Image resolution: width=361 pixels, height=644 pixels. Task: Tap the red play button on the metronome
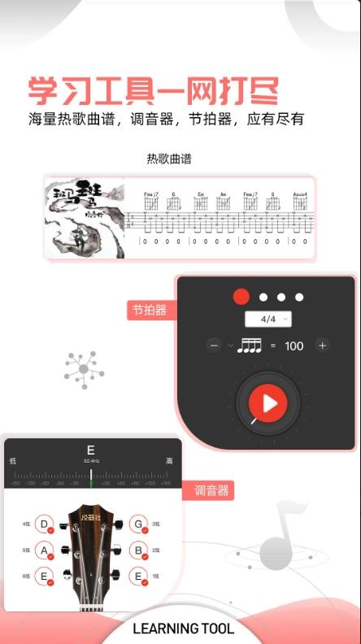click(x=268, y=402)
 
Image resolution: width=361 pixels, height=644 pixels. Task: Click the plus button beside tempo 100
click(x=322, y=346)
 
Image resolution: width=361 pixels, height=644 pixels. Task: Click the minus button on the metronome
click(x=215, y=346)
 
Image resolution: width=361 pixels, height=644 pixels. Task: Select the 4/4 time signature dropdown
click(x=268, y=319)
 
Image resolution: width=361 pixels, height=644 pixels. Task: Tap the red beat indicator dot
click(x=241, y=297)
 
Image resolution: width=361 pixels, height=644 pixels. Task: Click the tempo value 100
click(x=294, y=346)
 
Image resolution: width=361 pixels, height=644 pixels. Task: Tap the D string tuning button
click(x=45, y=524)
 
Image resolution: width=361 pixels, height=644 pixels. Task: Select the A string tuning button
click(x=45, y=550)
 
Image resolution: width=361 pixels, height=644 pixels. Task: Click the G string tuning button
click(x=138, y=524)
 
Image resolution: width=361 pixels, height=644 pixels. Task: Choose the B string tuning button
click(x=138, y=550)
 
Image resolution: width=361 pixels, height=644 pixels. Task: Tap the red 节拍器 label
click(x=150, y=310)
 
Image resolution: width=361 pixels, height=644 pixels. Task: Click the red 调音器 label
click(x=211, y=490)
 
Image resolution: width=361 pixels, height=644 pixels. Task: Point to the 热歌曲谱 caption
click(x=169, y=159)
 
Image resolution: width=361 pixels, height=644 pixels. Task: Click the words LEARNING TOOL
click(x=183, y=629)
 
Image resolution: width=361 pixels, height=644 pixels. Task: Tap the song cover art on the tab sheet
click(x=85, y=218)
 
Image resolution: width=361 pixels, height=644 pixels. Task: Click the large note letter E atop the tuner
click(x=91, y=450)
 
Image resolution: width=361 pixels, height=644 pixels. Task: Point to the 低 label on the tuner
click(x=13, y=460)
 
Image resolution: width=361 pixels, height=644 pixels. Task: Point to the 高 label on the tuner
click(x=169, y=460)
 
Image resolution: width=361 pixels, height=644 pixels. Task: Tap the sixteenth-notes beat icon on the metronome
click(x=248, y=346)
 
